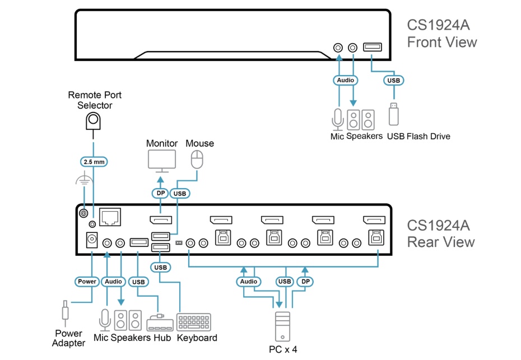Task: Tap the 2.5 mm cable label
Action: pyautogui.click(x=92, y=162)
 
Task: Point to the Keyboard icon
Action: pyautogui.click(x=194, y=322)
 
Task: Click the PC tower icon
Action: pyautogui.click(x=283, y=326)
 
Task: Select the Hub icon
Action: pyautogui.click(x=159, y=324)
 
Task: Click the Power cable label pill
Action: pyautogui.click(x=87, y=281)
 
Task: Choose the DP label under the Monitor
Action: pyautogui.click(x=159, y=193)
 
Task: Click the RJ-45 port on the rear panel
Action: pyautogui.click(x=110, y=215)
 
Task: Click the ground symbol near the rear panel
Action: pyautogui.click(x=83, y=181)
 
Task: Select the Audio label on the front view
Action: pyautogui.click(x=345, y=81)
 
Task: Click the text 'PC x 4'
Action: pyautogui.click(x=283, y=349)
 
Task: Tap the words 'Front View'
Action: pyautogui.click(x=441, y=42)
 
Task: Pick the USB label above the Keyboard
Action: pyautogui.click(x=160, y=267)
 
